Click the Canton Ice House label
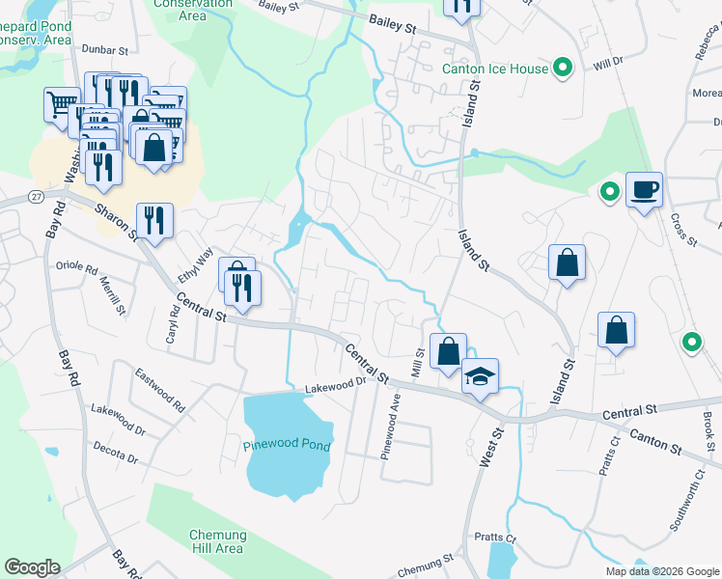[494, 69]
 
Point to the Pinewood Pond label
[287, 446]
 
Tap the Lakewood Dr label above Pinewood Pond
[337, 384]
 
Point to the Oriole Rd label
[77, 267]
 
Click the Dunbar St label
[106, 49]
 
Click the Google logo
[32, 567]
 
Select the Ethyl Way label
[194, 266]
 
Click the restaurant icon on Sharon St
[153, 221]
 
